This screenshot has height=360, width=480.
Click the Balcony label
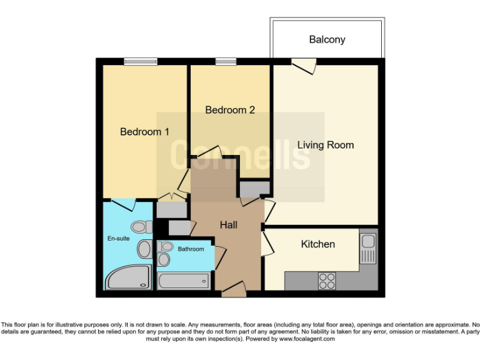point(327,39)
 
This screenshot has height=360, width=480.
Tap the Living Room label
point(325,145)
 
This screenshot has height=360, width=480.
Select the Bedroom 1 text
point(144,132)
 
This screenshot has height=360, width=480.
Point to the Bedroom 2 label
point(230,110)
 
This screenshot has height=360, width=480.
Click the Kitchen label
point(318,244)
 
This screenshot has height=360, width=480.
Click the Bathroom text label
point(191,249)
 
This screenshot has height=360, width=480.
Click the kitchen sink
point(367,248)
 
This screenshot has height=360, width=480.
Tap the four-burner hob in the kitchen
point(327,281)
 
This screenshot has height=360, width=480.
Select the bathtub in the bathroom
point(183,281)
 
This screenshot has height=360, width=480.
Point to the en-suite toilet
point(139,226)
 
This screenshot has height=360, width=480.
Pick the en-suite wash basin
point(144,249)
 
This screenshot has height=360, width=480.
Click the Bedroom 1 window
point(141,61)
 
